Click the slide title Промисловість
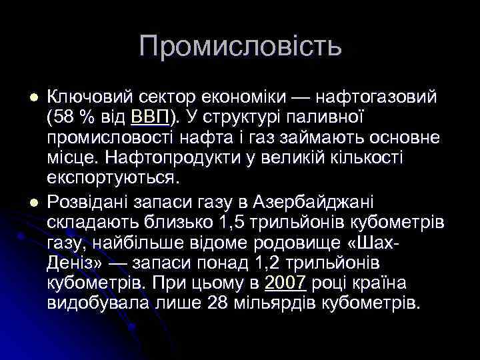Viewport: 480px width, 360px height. click(x=241, y=46)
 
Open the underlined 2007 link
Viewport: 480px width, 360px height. click(x=285, y=283)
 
